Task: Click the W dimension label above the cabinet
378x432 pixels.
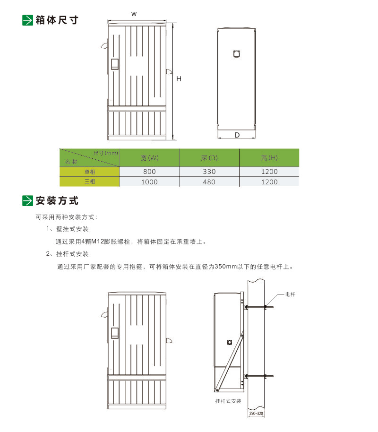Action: (134, 14)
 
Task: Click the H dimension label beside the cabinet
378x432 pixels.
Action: (179, 79)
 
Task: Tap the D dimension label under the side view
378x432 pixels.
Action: (237, 135)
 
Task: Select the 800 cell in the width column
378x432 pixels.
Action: (149, 172)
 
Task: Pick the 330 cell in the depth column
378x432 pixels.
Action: (209, 172)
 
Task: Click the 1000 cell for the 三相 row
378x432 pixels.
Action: (149, 182)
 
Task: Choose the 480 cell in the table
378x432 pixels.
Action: (209, 182)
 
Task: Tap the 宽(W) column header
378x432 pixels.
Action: (149, 158)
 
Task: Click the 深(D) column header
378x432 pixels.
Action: (209, 158)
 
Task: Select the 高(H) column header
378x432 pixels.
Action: (269, 158)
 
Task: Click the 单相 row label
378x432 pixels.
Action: (90, 172)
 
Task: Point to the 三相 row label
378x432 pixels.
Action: (90, 181)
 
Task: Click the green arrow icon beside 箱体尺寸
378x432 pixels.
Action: (27, 20)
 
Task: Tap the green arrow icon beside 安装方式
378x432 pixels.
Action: (27, 200)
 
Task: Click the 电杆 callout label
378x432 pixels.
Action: (290, 294)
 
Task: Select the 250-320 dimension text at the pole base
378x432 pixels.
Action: (256, 414)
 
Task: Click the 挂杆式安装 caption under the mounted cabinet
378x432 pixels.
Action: (228, 401)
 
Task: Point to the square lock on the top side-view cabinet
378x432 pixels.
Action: (236, 54)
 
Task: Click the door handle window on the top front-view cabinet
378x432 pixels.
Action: (115, 64)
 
